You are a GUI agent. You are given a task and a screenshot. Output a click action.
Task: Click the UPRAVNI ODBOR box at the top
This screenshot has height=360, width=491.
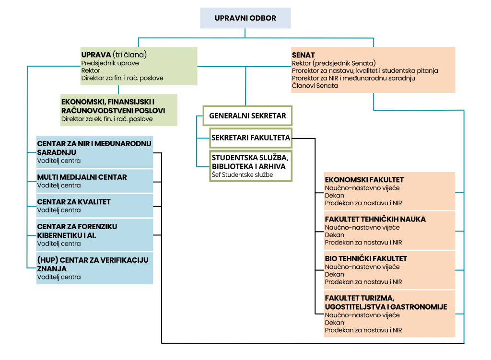245,18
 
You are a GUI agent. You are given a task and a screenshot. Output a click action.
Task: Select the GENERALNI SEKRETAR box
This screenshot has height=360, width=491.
247,116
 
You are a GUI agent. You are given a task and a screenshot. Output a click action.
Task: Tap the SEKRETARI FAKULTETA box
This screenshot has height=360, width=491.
250,138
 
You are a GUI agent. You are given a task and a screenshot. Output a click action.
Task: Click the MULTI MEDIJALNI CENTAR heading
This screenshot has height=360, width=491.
82,177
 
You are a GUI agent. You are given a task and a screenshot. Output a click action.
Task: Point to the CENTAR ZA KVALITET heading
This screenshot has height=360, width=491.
74,202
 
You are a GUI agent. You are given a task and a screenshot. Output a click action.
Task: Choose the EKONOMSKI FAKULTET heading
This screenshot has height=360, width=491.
364,180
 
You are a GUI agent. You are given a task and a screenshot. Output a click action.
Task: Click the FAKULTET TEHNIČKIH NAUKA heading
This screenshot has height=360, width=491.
375,219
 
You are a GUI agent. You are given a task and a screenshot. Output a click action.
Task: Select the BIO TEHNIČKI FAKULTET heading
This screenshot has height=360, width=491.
366,258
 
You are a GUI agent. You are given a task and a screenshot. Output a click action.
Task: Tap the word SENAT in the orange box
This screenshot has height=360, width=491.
303,55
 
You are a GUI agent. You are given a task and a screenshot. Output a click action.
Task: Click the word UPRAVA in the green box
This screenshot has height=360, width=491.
96,55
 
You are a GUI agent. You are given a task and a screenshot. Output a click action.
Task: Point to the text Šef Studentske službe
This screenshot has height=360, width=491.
242,174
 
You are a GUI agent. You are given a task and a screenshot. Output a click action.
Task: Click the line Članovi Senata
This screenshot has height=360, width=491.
315,86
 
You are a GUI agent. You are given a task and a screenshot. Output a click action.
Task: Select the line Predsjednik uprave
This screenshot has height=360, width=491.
110,63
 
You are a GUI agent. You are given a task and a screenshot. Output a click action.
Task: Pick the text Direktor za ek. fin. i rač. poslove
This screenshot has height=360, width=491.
107,119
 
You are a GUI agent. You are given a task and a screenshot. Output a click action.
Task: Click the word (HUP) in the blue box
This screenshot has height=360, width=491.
47,260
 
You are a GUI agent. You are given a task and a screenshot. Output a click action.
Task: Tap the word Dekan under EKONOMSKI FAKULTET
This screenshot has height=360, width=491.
334,195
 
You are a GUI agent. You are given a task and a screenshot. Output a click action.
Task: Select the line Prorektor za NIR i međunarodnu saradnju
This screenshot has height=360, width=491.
353,78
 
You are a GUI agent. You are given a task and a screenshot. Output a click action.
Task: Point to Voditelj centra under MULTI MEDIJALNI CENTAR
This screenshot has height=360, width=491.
59,186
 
